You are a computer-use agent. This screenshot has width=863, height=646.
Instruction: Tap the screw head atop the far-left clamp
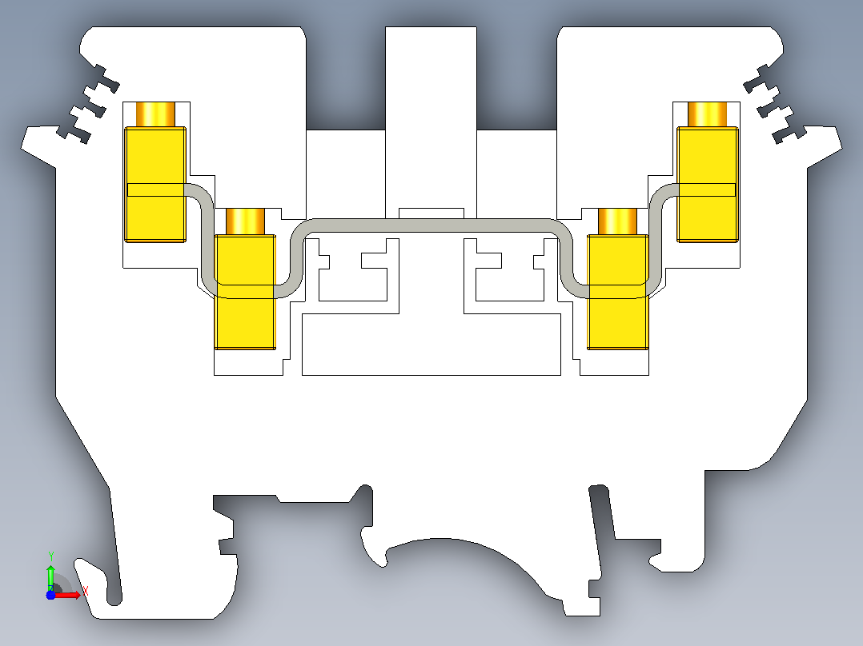[155, 114]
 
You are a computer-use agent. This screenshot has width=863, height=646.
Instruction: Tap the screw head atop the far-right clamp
[707, 114]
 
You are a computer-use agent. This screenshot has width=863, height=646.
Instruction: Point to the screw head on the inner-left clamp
[246, 221]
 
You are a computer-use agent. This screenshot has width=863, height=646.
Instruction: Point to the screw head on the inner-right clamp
[617, 221]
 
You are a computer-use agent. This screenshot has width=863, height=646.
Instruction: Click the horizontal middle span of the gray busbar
[431, 225]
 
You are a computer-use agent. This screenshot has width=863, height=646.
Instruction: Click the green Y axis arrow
[50, 576]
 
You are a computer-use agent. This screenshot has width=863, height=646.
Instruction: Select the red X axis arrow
[67, 595]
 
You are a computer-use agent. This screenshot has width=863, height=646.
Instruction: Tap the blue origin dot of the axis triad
[50, 595]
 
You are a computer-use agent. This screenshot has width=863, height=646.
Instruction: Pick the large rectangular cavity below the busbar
[431, 345]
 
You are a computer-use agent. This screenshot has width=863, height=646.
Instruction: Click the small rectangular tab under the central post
[431, 213]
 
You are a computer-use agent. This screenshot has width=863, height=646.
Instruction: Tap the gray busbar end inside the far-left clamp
[156, 189]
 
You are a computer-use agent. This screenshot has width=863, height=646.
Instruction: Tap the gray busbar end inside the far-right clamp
[707, 189]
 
